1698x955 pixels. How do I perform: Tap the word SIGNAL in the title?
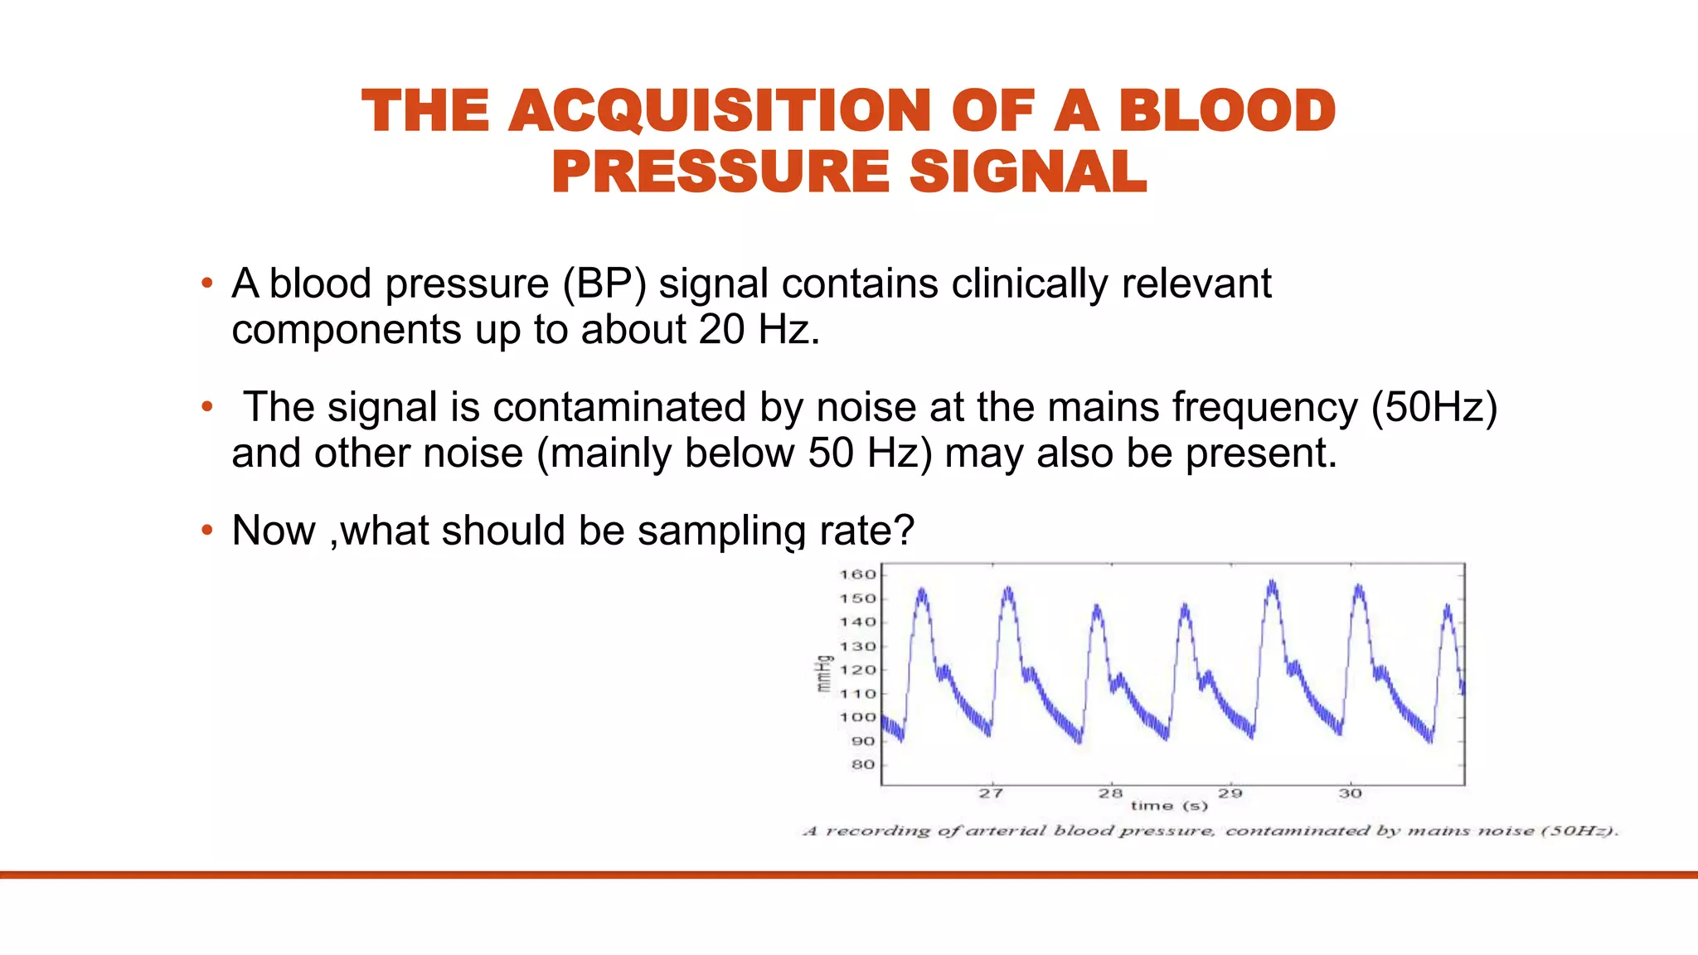tap(1027, 172)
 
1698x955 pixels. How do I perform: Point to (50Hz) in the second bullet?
tap(1434, 408)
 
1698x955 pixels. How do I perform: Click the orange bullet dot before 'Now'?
tap(207, 531)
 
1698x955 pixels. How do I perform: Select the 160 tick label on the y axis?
tap(857, 574)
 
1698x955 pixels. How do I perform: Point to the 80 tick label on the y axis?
tap(862, 765)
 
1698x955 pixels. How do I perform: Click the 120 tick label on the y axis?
tap(857, 670)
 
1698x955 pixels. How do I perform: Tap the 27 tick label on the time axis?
tap(991, 793)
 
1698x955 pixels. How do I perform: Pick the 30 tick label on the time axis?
tap(1350, 793)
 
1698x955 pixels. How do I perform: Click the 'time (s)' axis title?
tap(1169, 806)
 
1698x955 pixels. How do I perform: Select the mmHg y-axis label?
tap(823, 673)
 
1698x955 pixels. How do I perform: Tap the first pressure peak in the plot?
tap(921, 591)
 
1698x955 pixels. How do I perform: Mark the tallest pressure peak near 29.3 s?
tap(1272, 584)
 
